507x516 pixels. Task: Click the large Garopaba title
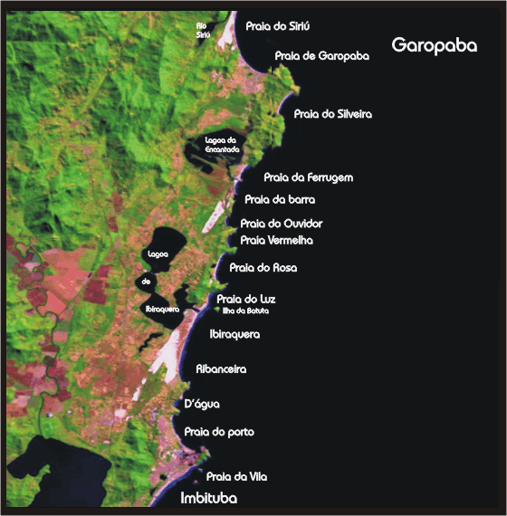pos(434,45)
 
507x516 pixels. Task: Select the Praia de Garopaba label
pos(322,56)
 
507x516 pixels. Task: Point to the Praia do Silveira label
pos(333,114)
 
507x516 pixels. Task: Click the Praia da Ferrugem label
pos(308,177)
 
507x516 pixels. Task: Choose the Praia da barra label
pos(280,199)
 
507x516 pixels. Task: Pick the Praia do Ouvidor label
pos(282,223)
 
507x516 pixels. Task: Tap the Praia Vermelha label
pos(276,241)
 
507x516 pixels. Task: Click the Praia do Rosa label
pos(263,268)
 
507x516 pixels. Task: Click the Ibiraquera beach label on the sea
pos(234,334)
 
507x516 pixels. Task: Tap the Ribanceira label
pos(222,369)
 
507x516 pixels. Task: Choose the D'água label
pos(202,404)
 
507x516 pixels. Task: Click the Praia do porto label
pos(219,432)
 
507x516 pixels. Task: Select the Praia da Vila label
pos(237,476)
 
